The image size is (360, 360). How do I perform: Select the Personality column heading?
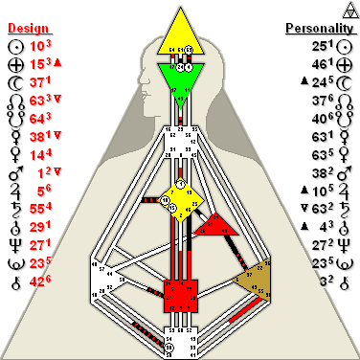pos(318,28)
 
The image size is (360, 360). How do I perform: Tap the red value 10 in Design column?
pos(37,46)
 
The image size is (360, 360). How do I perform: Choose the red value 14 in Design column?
pos(37,154)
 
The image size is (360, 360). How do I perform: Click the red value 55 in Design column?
pos(37,208)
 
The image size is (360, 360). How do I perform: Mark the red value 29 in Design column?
pos(37,226)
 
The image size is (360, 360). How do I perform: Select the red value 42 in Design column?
pos(37,281)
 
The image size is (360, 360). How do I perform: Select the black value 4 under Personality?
pos(330,226)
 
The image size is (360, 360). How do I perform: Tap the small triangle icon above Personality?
pos(348,9)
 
